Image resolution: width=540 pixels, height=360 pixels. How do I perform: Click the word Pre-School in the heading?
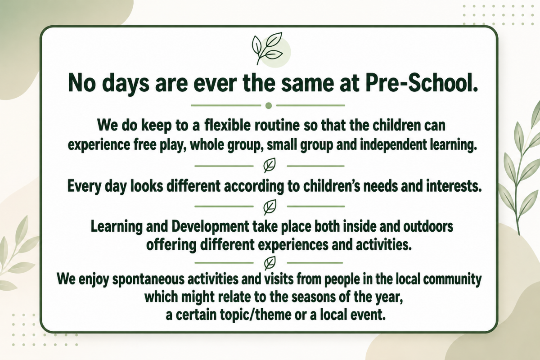[x=422, y=83]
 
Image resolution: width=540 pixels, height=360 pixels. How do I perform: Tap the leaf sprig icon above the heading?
[x=267, y=49]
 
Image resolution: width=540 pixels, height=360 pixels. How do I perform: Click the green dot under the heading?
[x=268, y=106]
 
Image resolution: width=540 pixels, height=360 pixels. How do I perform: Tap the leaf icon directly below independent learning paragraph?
[x=270, y=166]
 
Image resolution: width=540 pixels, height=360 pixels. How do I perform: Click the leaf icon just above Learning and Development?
[x=270, y=207]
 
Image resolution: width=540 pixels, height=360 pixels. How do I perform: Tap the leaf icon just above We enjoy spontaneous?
[x=270, y=263]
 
